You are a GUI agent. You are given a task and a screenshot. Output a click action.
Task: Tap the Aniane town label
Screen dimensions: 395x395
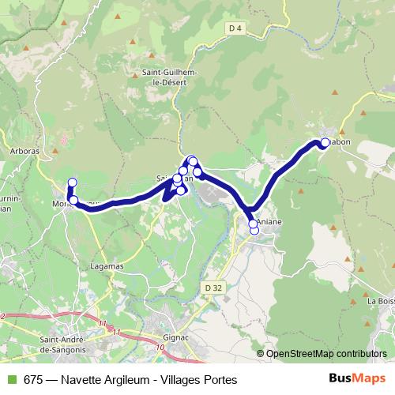269,223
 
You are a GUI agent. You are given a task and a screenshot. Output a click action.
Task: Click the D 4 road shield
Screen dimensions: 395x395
233,29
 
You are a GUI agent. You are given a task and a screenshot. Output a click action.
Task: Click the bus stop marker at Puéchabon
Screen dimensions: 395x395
325,143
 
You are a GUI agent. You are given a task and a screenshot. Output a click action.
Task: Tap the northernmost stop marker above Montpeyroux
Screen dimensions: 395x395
72,183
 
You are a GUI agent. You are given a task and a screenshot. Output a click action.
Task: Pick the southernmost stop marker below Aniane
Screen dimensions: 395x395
254,231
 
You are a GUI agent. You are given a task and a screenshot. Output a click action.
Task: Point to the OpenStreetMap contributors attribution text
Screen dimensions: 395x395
326,355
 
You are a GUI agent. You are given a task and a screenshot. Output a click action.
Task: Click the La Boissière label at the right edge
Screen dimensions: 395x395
381,301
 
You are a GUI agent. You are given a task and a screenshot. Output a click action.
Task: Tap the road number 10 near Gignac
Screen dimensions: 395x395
160,347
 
